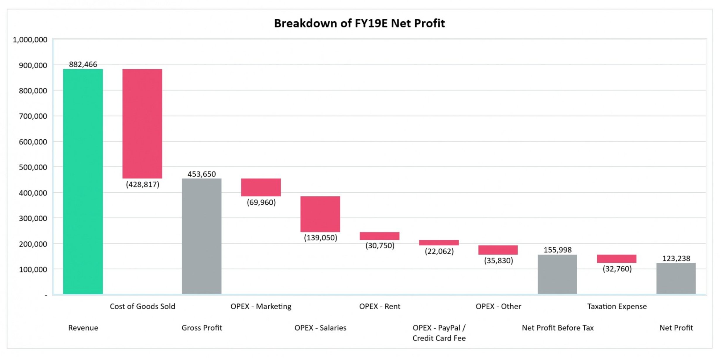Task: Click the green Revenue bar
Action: (x=83, y=181)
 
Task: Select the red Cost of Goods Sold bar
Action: (x=142, y=124)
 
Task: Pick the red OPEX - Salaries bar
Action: (x=320, y=214)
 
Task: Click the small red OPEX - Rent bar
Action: (x=380, y=236)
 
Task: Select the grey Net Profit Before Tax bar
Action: (x=557, y=274)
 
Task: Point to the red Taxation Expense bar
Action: (x=617, y=259)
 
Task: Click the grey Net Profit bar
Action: (x=676, y=278)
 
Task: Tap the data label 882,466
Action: (x=83, y=64)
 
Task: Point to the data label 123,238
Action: (x=676, y=258)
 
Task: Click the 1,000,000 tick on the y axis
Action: (x=30, y=40)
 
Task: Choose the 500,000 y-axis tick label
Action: (x=33, y=167)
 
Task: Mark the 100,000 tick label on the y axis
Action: (x=33, y=270)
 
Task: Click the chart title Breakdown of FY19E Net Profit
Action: (x=359, y=23)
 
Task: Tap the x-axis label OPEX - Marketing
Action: (x=261, y=306)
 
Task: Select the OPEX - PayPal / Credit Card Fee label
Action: (x=439, y=333)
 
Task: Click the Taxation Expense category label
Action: (x=617, y=306)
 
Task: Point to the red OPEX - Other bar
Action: (x=498, y=250)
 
